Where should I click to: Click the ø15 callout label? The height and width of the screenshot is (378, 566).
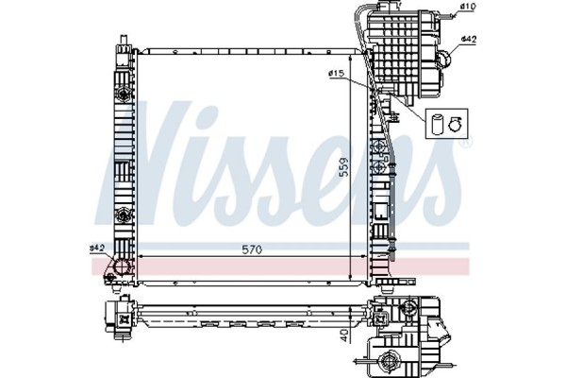[334, 73]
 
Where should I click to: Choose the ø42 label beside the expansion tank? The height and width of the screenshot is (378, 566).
[467, 39]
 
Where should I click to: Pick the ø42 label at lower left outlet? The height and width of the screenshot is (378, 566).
[96, 248]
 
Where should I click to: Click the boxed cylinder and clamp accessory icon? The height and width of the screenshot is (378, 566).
[444, 122]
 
